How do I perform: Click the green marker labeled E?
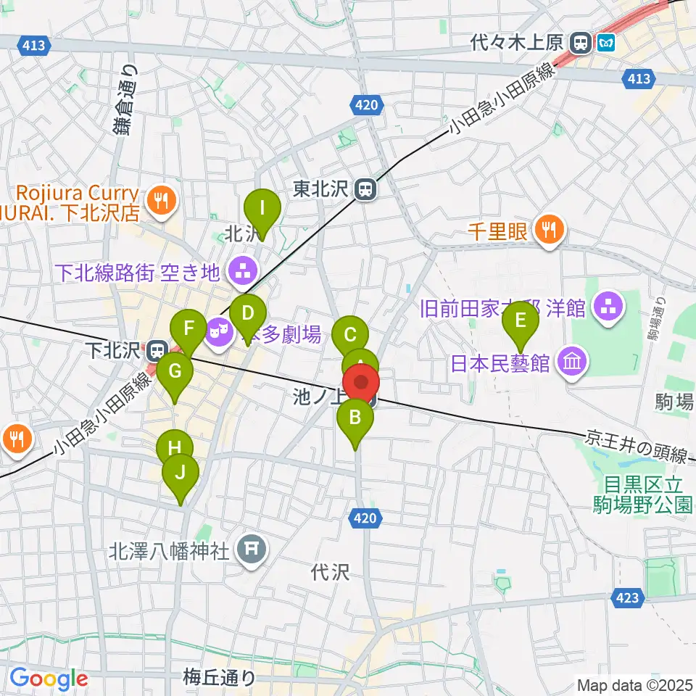click(x=520, y=320)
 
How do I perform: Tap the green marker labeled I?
click(x=262, y=210)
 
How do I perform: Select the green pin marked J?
click(x=181, y=474)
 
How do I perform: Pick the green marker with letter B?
click(x=355, y=419)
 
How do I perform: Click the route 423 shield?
click(x=629, y=597)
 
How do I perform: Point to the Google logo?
click(x=49, y=679)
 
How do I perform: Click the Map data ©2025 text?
click(x=634, y=684)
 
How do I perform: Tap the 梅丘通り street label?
click(x=219, y=679)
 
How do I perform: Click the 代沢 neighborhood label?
click(x=330, y=572)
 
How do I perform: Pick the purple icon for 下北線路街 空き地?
click(x=239, y=273)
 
